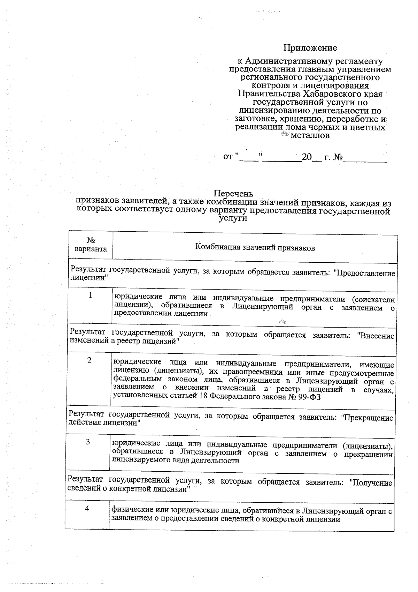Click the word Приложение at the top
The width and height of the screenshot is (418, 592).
pyautogui.click(x=310, y=48)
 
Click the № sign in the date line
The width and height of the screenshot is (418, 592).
pyautogui.click(x=338, y=157)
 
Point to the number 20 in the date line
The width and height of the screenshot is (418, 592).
pyautogui.click(x=307, y=157)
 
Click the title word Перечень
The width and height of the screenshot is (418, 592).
pyautogui.click(x=233, y=193)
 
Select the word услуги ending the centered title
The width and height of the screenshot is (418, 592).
pyautogui.click(x=233, y=219)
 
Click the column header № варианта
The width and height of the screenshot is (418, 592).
pyautogui.click(x=91, y=245)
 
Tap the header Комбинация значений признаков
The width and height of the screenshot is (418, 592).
pyautogui.click(x=255, y=248)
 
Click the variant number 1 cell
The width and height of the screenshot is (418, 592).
pyautogui.click(x=90, y=295)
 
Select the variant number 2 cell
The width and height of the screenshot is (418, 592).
pyautogui.click(x=90, y=361)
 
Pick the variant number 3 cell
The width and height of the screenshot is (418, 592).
pyautogui.click(x=88, y=442)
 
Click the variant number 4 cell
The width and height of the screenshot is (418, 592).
pyautogui.click(x=87, y=509)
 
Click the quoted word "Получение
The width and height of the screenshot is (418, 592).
pyautogui.click(x=370, y=483)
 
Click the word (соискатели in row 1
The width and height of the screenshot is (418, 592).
pyautogui.click(x=373, y=299)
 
